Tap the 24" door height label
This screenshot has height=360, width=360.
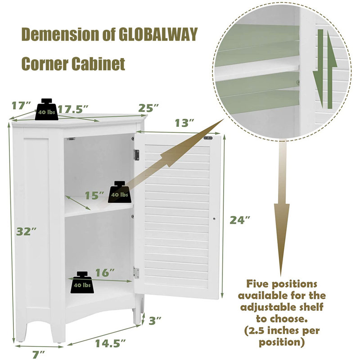click(x=240, y=220)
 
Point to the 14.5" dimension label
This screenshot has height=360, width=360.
click(x=111, y=343)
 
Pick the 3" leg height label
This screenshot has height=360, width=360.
click(x=155, y=320)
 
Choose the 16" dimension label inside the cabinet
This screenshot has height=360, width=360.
click(x=105, y=273)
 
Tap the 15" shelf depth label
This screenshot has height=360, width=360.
click(x=94, y=195)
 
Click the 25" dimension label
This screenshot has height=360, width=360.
click(x=148, y=108)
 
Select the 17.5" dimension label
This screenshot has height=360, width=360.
click(x=73, y=109)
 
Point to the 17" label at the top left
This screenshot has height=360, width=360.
click(x=21, y=106)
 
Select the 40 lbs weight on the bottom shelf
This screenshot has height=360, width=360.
click(x=82, y=283)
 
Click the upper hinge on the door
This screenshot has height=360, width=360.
click(x=137, y=155)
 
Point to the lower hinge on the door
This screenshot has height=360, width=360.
click(x=136, y=273)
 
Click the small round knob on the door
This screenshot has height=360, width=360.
click(x=214, y=219)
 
